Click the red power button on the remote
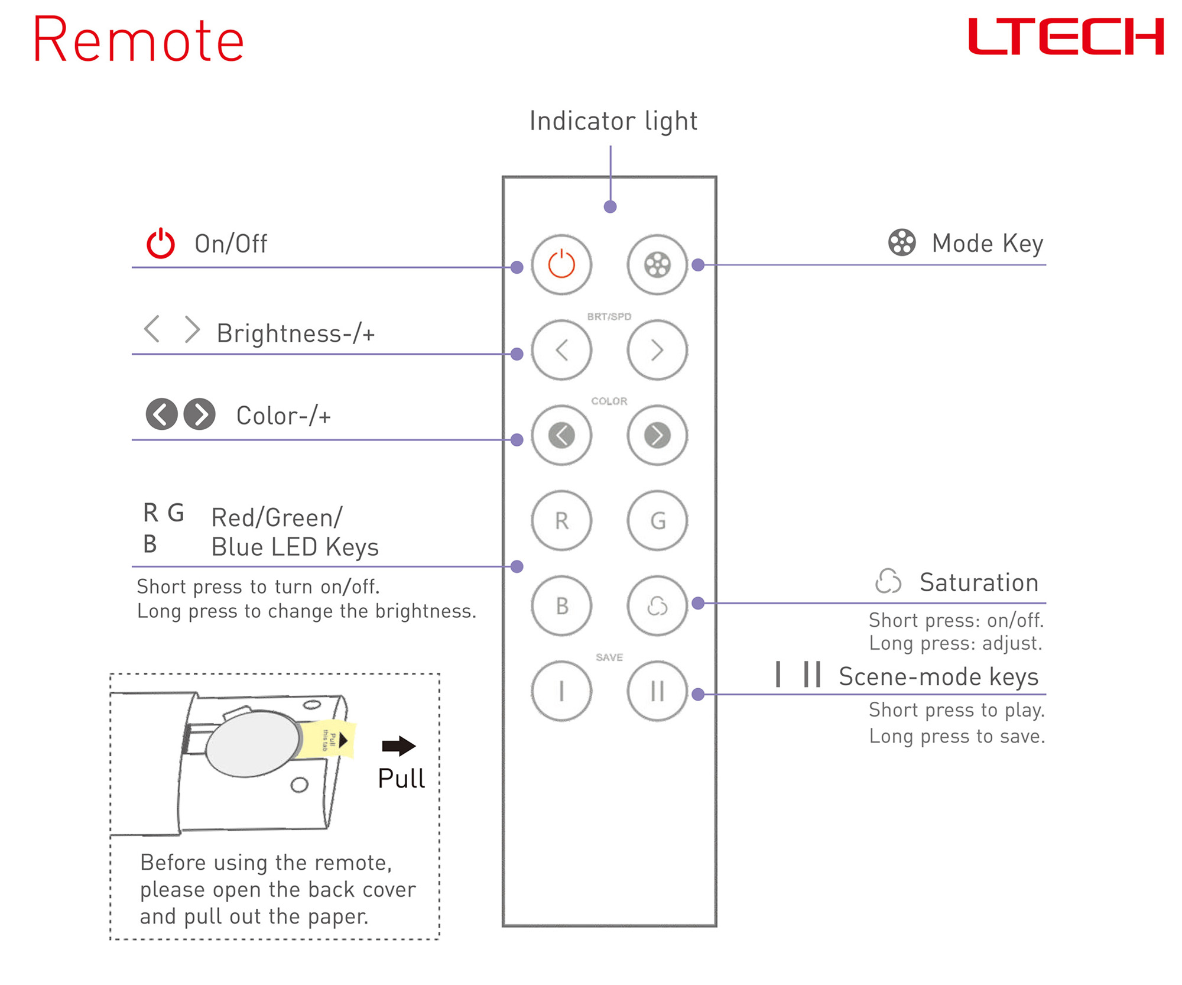point(561,264)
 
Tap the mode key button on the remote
point(657,264)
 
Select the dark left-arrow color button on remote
point(561,435)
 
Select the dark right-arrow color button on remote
point(657,435)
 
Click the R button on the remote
point(561,520)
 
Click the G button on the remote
point(657,520)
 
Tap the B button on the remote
point(561,605)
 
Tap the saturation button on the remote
point(657,605)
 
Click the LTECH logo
point(1065,37)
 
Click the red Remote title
point(138,40)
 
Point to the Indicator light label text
point(613,121)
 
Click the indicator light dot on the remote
point(610,206)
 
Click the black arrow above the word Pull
point(398,746)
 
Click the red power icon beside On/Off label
point(160,243)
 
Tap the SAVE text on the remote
point(609,657)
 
